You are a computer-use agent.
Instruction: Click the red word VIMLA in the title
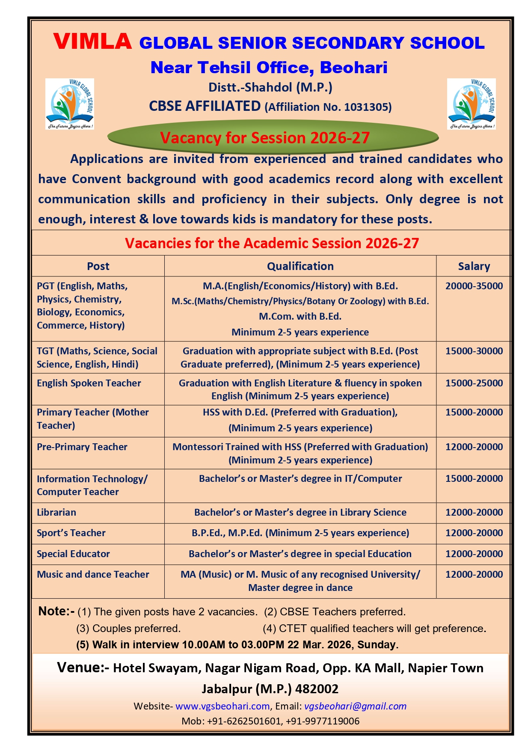(92, 42)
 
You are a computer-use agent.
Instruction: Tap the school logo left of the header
(70, 104)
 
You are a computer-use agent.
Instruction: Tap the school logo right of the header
(472, 104)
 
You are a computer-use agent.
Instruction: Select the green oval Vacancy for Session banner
(273, 137)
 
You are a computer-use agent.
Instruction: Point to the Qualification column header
(300, 266)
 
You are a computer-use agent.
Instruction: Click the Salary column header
(474, 266)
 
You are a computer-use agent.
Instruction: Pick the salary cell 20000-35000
(474, 286)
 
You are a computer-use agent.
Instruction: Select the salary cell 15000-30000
(474, 351)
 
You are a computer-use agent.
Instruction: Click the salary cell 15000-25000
(474, 383)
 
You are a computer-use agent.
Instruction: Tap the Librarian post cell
(56, 512)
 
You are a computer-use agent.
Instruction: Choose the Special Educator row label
(73, 554)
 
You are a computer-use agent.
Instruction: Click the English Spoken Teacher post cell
(89, 383)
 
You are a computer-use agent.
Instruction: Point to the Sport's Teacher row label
(71, 533)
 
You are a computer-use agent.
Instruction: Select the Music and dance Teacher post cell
(93, 574)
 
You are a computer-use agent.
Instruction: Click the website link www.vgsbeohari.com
(222, 706)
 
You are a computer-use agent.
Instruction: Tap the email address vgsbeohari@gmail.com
(355, 706)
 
